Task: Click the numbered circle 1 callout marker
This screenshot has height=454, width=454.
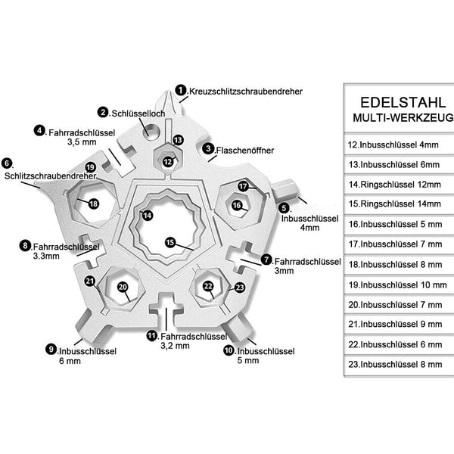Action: pyautogui.click(x=181, y=90)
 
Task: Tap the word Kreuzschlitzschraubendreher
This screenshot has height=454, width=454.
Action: pyautogui.click(x=246, y=92)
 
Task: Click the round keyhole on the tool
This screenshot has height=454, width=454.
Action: pyautogui.click(x=151, y=131)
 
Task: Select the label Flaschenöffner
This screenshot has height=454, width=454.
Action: pyautogui.click(x=245, y=151)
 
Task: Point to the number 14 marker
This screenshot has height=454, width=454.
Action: pyautogui.click(x=148, y=215)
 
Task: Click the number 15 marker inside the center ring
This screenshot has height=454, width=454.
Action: pyautogui.click(x=170, y=242)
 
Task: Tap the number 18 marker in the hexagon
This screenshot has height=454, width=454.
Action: pyautogui.click(x=93, y=204)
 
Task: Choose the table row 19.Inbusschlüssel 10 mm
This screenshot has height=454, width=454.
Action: pyautogui.click(x=397, y=285)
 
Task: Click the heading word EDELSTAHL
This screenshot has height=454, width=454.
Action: pyautogui.click(x=403, y=102)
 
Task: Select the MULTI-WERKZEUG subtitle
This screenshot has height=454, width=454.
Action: pyautogui.click(x=403, y=117)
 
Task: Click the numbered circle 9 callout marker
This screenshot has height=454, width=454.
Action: pyautogui.click(x=51, y=349)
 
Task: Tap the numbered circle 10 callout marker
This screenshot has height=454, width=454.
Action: pyautogui.click(x=229, y=350)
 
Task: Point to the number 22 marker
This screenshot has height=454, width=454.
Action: pyautogui.click(x=208, y=286)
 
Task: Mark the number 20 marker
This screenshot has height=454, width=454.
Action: pyautogui.click(x=123, y=287)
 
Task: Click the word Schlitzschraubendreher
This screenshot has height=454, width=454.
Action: pyautogui.click(x=50, y=176)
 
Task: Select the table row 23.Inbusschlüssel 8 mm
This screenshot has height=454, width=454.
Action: pyautogui.click(x=395, y=364)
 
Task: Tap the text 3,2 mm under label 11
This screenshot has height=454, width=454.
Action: pyautogui.click(x=176, y=346)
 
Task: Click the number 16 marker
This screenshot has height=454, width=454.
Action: pyautogui.click(x=237, y=205)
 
